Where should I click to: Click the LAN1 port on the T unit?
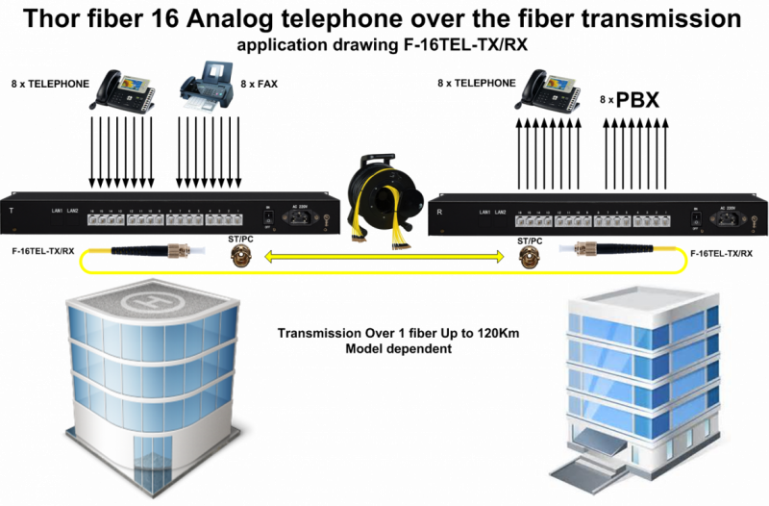(58, 209)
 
